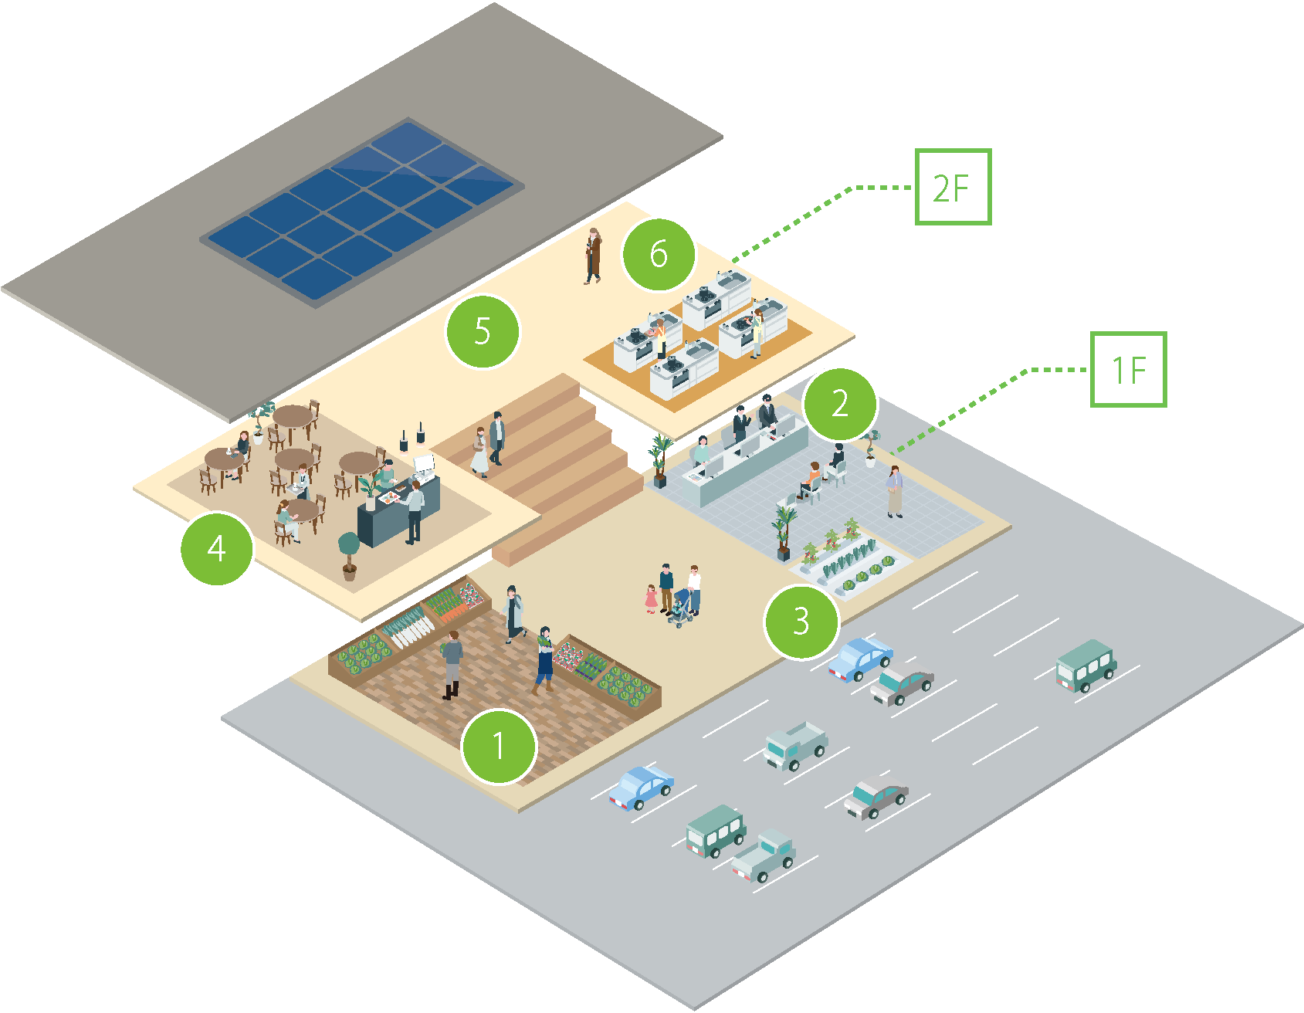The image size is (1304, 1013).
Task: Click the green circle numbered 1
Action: point(498,747)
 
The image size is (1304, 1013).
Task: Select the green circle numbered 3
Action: point(801,622)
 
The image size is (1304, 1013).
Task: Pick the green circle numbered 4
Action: point(217,549)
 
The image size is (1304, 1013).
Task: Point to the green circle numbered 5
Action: point(483,331)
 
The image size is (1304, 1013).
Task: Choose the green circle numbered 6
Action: point(659,254)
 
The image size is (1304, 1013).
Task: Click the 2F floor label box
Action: point(952,188)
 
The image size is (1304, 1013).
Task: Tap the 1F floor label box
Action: point(1127,370)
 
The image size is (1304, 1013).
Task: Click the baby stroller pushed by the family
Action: point(680,608)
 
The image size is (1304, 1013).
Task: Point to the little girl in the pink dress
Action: point(652,599)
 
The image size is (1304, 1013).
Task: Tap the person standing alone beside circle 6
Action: point(593,256)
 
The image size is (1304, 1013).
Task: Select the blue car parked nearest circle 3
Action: point(860,659)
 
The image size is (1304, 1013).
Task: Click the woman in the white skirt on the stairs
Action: point(479,451)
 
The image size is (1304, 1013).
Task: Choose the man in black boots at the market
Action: point(452,663)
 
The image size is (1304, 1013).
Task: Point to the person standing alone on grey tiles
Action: point(894,491)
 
